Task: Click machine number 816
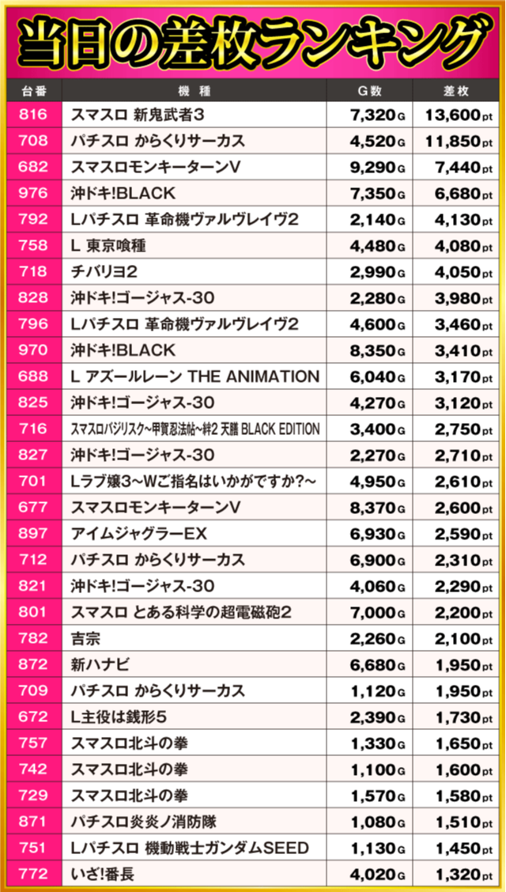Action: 32,115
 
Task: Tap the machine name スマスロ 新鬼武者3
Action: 138,115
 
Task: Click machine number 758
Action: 32,245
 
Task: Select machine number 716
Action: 32,429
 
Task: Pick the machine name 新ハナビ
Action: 99,664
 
